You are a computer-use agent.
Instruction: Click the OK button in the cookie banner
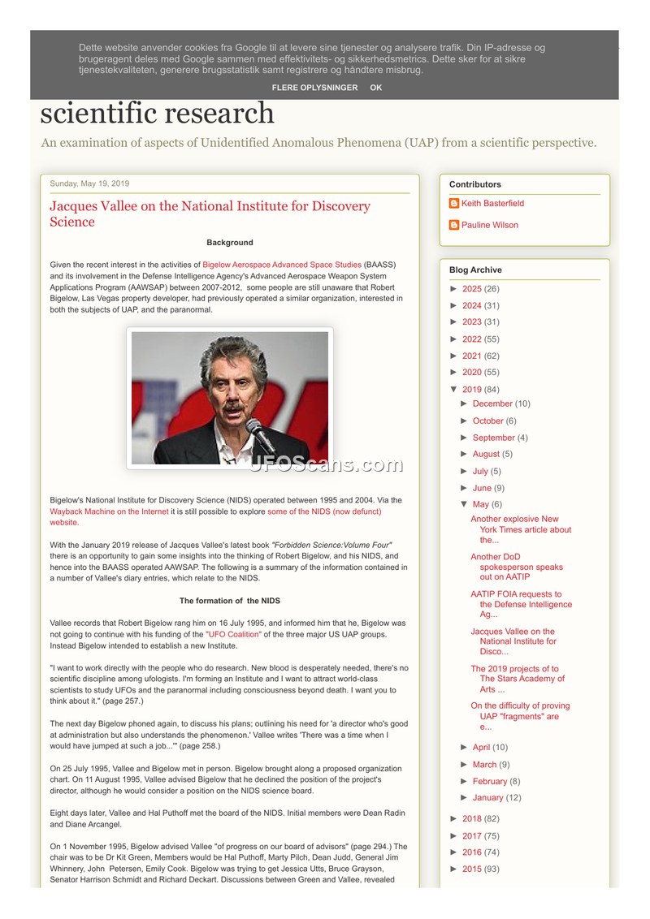(x=375, y=88)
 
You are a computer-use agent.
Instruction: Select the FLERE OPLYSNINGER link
(x=314, y=88)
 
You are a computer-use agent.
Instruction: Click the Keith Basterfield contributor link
(x=492, y=204)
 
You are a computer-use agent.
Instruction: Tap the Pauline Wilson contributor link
(x=489, y=226)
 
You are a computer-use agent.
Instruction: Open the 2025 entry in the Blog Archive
(x=471, y=289)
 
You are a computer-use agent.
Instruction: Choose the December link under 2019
(x=492, y=403)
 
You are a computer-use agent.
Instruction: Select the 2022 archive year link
(x=471, y=339)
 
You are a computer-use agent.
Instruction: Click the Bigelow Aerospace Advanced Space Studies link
(x=282, y=265)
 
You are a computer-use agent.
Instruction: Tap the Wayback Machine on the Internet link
(x=109, y=511)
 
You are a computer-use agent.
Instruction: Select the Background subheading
(x=230, y=243)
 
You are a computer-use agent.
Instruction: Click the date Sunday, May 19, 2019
(x=89, y=183)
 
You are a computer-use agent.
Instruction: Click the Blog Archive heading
(x=475, y=270)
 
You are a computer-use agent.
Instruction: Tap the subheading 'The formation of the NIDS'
(x=230, y=601)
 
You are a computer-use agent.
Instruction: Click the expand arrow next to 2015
(x=454, y=869)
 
